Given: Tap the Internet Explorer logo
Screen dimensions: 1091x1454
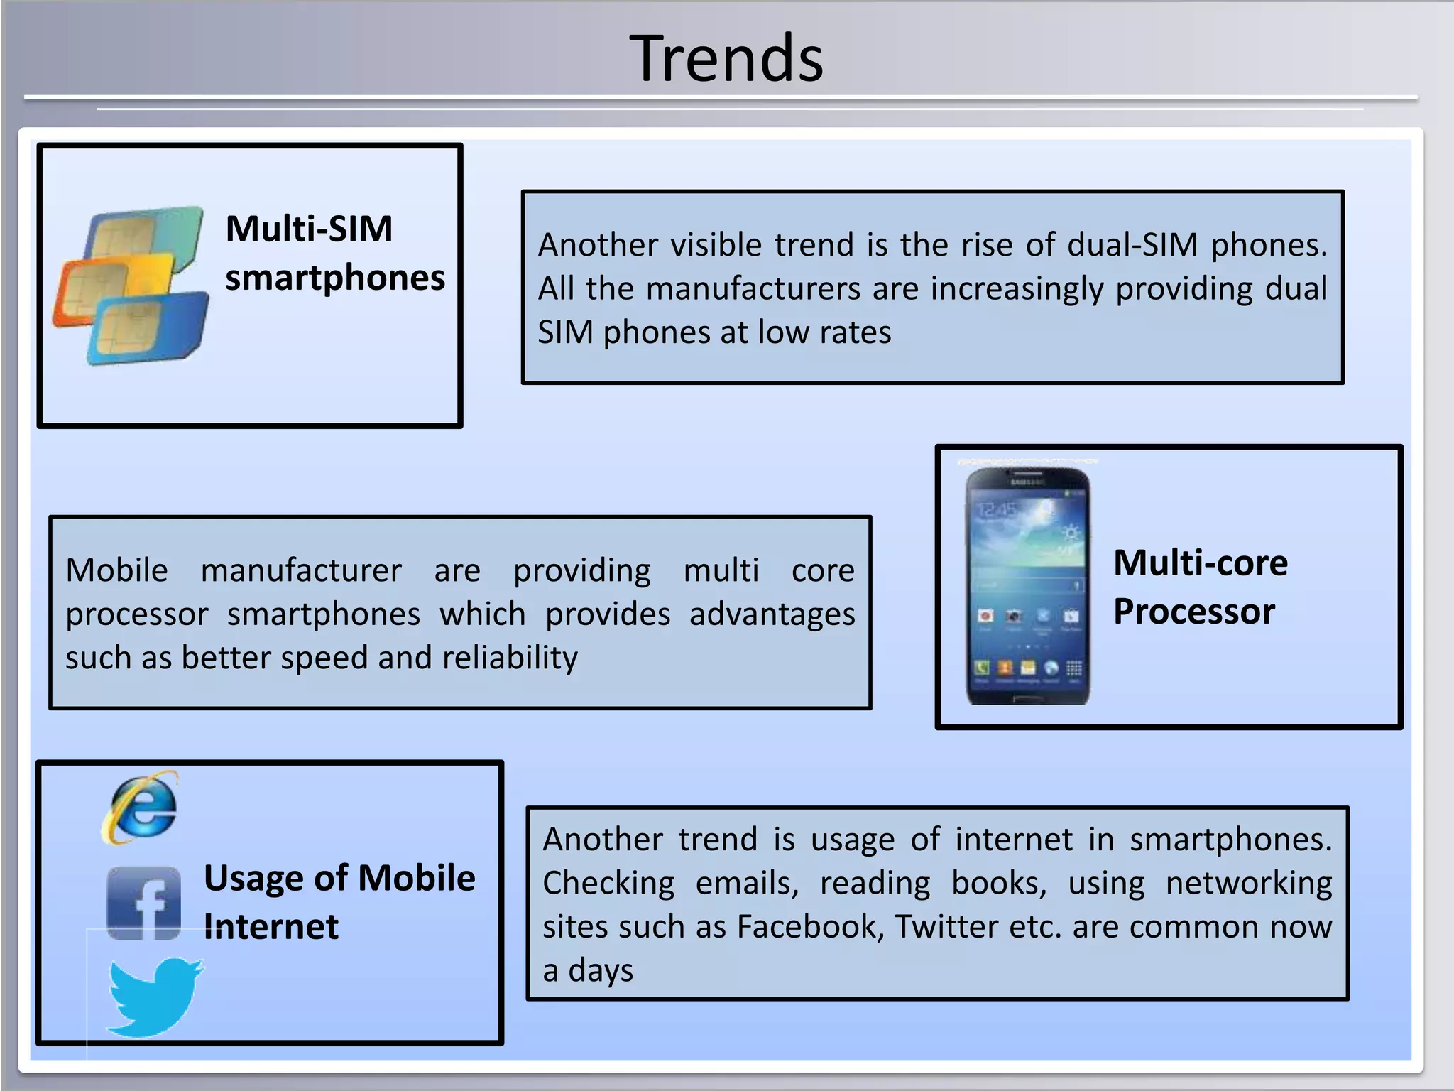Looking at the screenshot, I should (141, 808).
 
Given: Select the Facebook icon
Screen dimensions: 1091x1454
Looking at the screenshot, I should (144, 903).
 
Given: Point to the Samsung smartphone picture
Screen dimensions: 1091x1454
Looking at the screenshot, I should (1027, 585).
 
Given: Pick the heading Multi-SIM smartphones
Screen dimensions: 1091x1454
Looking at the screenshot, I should (334, 253).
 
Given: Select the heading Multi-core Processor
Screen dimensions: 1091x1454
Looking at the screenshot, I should (1200, 587).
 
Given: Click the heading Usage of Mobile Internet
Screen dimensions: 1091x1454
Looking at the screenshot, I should (339, 901).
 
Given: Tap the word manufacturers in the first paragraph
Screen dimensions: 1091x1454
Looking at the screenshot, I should (754, 289).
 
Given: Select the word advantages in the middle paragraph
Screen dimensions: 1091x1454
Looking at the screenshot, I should (772, 614).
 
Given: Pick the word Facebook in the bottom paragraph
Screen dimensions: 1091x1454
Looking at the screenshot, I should (808, 927).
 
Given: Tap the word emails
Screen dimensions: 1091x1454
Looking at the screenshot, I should (746, 884).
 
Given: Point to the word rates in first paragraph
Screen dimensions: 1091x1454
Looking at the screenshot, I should (863, 333).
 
